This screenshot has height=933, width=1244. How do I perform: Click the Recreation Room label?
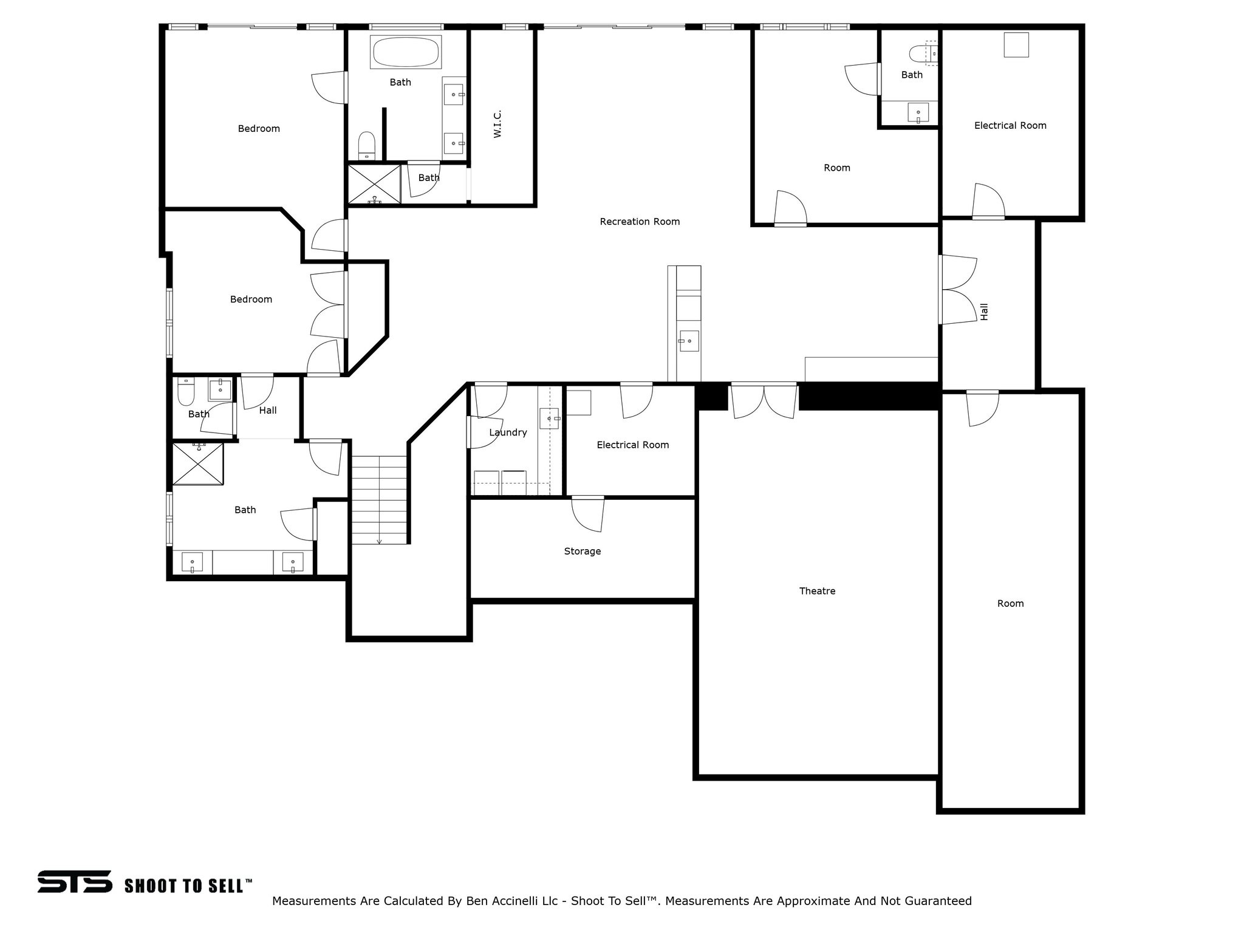tap(640, 222)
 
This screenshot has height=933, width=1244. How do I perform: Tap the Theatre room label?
tap(817, 591)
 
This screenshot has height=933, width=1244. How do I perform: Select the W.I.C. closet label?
tap(497, 124)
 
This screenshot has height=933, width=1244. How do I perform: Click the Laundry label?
tap(508, 432)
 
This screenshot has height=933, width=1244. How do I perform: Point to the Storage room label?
tap(582, 552)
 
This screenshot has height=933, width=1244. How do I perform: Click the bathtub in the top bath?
tap(406, 52)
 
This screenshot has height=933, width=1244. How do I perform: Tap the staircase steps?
tap(379, 499)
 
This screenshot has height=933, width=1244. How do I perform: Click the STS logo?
tap(75, 881)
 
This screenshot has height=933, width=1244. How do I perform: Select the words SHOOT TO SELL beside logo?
tap(188, 886)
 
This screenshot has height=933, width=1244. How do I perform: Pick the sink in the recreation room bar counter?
tap(689, 341)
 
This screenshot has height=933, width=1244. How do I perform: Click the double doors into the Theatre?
tap(764, 401)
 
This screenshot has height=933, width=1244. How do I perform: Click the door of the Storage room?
tap(588, 514)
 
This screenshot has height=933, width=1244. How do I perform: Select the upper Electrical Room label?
tap(1010, 126)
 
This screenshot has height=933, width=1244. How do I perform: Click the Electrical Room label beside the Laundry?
tap(632, 445)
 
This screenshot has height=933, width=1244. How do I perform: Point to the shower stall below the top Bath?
tap(374, 183)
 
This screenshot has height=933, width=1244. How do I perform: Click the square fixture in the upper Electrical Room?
tap(1016, 45)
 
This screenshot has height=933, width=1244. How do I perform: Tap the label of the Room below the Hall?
tap(1010, 604)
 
